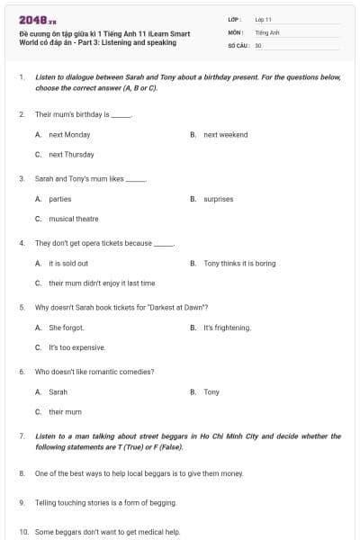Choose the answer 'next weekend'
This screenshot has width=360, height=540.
[225, 135]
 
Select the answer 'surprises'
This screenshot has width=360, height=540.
[218, 199]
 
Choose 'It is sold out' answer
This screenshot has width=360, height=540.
[68, 263]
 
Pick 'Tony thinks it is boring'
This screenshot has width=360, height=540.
[239, 263]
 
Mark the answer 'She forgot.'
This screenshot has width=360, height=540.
[66, 328]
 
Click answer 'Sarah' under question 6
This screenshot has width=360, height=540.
[58, 392]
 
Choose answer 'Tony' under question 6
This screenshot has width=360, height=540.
[211, 392]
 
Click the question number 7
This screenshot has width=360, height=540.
[22, 436]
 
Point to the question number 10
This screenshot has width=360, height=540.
[22, 532]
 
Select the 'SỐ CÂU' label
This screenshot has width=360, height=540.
[238, 45]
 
